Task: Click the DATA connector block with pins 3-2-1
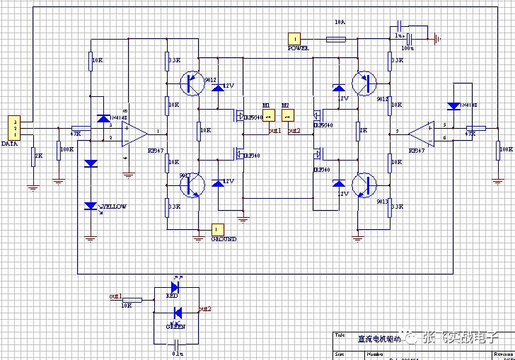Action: tap(13, 127)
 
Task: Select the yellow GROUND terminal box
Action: tap(218, 229)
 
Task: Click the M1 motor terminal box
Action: tap(268, 115)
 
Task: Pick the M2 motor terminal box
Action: tap(287, 115)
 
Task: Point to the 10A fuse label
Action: tap(340, 23)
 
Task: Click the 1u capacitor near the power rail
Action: tap(400, 25)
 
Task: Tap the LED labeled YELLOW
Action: tap(91, 206)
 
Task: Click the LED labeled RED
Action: tap(173, 287)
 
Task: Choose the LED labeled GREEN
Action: tap(178, 313)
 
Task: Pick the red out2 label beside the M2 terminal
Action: tap(294, 131)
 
